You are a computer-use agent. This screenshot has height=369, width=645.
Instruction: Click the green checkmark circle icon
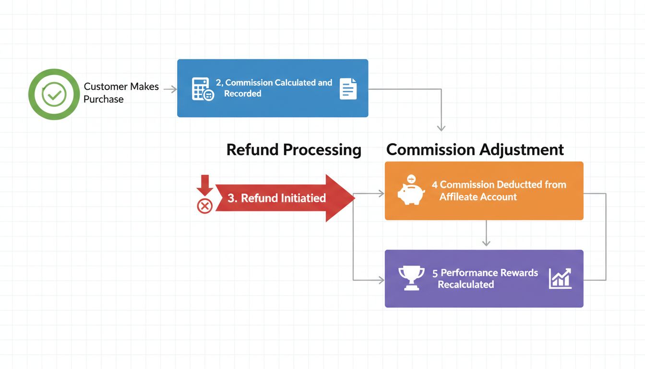[54, 94]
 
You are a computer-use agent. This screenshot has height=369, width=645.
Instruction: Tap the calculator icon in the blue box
[202, 89]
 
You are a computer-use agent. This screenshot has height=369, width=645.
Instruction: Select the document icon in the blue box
[348, 89]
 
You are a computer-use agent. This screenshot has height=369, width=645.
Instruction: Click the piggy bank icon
[411, 190]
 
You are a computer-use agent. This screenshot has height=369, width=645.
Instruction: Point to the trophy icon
[411, 278]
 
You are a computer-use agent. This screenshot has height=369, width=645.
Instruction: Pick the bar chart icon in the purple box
[560, 278]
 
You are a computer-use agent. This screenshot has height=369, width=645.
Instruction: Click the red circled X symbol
[205, 206]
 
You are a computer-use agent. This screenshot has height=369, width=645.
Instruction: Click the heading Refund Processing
[294, 149]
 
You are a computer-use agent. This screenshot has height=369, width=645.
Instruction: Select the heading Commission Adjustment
[475, 149]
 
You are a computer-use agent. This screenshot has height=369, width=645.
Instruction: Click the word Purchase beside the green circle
[104, 99]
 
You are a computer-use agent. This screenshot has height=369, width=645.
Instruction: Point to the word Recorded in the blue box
[242, 94]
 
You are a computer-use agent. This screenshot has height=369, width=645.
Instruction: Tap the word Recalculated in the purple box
[466, 284]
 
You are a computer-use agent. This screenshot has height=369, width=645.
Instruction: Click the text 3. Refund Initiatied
[276, 198]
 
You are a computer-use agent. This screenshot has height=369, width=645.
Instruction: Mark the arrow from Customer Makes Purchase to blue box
[170, 89]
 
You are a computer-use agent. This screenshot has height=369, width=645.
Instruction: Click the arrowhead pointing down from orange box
[486, 243]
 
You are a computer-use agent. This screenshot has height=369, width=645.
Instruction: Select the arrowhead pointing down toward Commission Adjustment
[441, 128]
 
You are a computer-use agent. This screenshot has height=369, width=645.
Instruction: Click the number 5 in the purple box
[435, 273]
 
